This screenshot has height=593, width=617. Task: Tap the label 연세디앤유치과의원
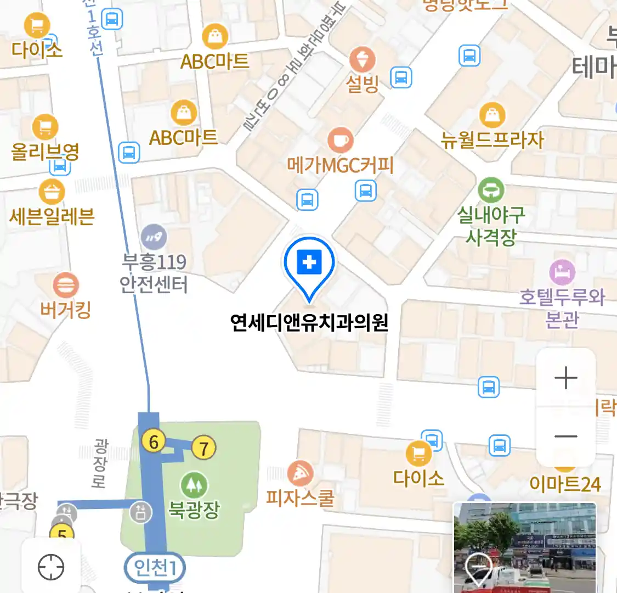coord(309,322)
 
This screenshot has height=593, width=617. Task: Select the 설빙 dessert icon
coord(363,60)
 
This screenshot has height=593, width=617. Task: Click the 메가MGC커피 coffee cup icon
coord(340,140)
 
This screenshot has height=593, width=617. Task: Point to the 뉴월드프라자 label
coord(493,140)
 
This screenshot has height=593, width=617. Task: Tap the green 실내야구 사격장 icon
coord(491,190)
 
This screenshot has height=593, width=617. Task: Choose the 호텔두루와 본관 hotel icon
coord(562,272)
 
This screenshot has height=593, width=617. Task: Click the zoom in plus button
coord(565,378)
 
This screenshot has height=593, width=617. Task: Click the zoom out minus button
coord(565,437)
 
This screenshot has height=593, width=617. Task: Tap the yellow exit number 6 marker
coord(154,441)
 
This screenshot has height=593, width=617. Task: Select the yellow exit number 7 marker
coord(203,449)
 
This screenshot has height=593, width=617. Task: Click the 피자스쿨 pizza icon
coord(300,474)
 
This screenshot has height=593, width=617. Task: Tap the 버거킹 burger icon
coord(66,286)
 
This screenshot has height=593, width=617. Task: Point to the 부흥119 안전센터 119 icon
coord(154,237)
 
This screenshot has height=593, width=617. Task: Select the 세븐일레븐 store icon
coord(52,192)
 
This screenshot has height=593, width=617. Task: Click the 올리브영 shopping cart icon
coord(46,127)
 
